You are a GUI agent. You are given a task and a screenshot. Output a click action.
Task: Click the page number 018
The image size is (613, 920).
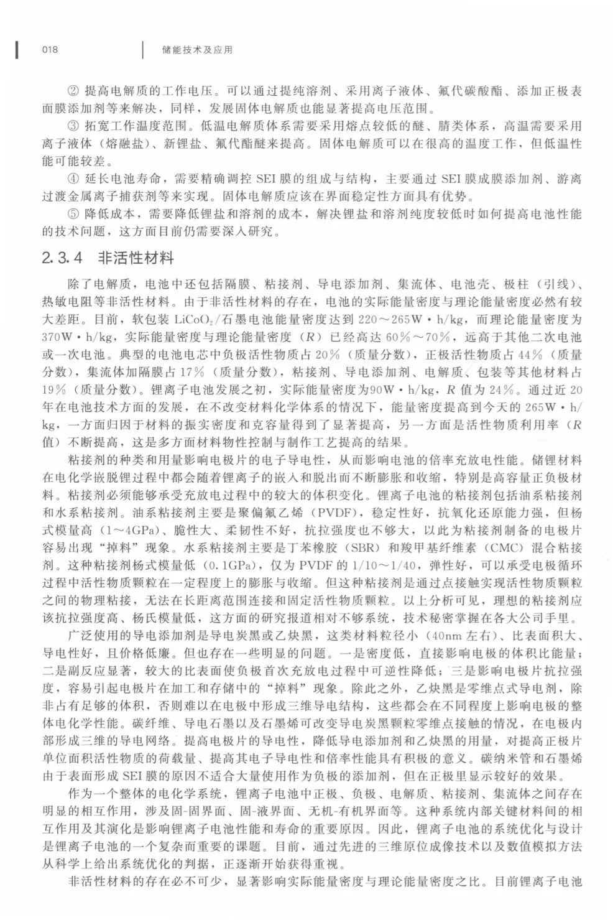(x=49, y=50)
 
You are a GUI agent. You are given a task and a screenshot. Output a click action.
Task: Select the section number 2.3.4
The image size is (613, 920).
(x=62, y=258)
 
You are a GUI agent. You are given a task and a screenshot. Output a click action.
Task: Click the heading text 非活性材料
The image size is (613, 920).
(x=136, y=258)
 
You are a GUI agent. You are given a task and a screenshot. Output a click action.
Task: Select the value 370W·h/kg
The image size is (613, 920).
(x=76, y=338)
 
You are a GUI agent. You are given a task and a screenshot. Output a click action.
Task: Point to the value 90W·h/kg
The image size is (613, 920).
(x=403, y=391)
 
